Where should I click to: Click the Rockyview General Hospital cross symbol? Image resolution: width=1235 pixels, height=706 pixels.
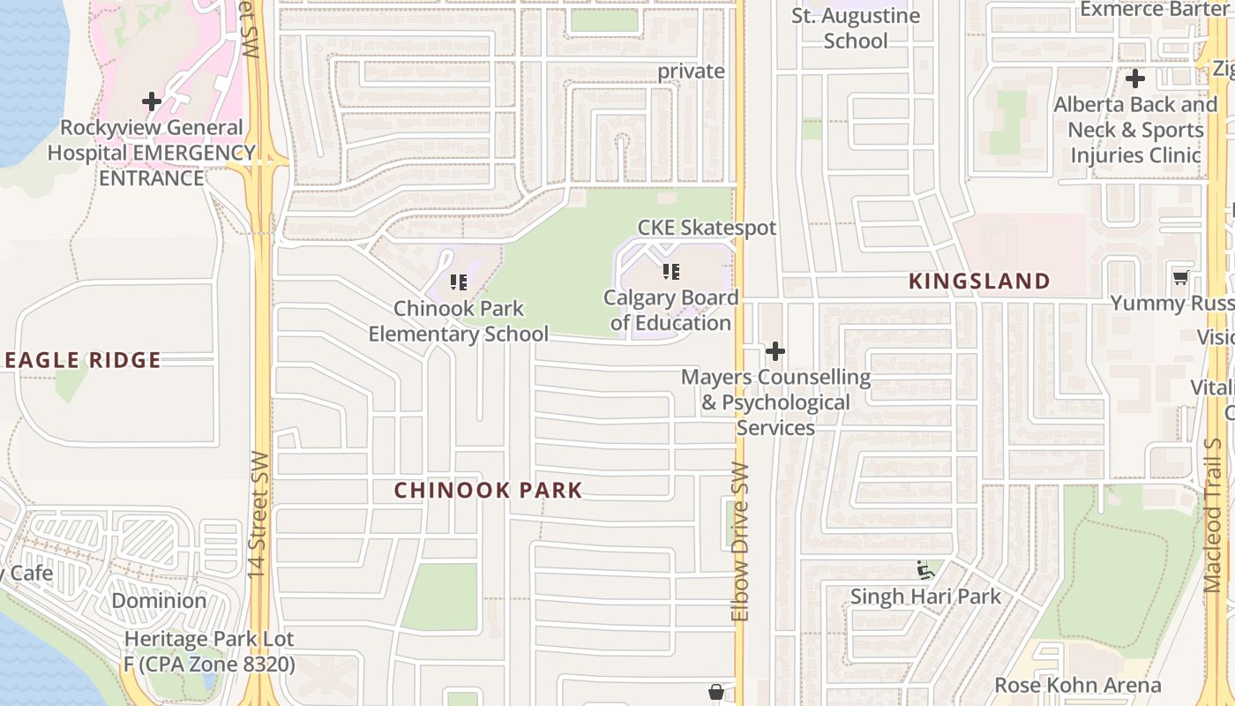pos(152,101)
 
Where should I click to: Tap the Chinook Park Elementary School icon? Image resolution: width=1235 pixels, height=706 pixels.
pos(459,282)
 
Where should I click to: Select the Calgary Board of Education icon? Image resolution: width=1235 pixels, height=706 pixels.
pos(671,272)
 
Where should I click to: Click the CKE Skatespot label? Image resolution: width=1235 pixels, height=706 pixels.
pos(707,228)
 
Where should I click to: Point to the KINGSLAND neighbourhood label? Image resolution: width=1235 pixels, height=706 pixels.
pos(979,282)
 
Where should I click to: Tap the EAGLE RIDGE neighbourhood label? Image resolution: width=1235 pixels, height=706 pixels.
pos(82,360)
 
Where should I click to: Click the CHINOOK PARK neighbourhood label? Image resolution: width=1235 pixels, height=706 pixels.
pos(488,491)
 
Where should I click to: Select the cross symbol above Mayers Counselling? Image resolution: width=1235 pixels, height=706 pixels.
pos(775,352)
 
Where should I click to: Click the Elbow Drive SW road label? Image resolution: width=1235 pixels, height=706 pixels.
pos(740,542)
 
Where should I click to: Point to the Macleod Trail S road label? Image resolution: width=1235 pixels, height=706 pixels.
pos(1215,516)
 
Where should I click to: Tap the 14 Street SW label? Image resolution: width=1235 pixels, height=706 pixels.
pos(258,515)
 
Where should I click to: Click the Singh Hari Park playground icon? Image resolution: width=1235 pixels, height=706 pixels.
pos(924,570)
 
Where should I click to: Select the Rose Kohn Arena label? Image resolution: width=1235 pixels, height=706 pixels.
pos(1077,685)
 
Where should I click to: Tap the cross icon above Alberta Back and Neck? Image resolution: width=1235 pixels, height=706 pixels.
pos(1135,79)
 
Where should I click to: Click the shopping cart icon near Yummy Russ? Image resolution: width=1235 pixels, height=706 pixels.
pos(1180,278)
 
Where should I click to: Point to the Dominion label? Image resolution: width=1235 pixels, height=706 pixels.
pos(159,601)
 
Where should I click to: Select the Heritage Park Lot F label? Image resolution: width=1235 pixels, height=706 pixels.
pos(209,651)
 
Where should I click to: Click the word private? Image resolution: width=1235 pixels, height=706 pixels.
pos(691,71)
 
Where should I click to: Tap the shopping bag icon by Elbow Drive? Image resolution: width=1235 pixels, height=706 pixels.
pos(716,692)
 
